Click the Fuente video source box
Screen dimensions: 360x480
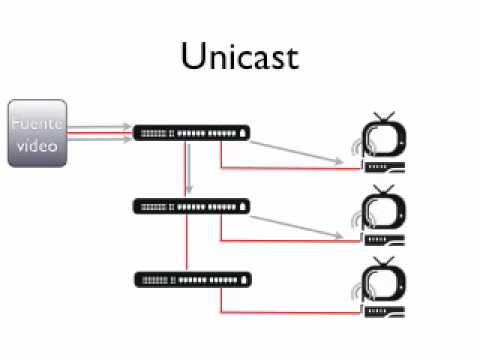click(37, 132)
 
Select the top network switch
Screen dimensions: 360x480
click(191, 132)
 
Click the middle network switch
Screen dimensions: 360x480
click(191, 206)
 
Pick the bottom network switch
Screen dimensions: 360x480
click(191, 277)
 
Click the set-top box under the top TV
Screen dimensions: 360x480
click(386, 166)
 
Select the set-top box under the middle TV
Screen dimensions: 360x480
click(386, 240)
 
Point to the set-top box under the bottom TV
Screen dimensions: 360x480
click(386, 311)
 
